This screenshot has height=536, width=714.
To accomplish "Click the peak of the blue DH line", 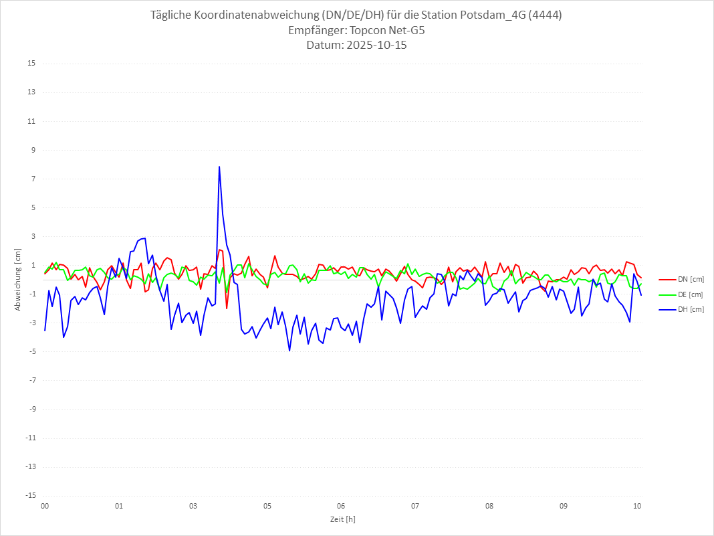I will coord(219,167).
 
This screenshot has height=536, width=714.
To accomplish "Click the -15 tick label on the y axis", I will coord(31,495).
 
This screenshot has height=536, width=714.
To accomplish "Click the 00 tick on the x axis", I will coord(45,506).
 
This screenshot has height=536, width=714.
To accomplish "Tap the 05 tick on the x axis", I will coord(267,506).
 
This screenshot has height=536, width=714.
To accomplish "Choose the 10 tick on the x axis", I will coord(638,506).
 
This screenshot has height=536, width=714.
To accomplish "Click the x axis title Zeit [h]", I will coord(342,519).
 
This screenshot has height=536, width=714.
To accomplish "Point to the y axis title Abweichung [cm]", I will coord(18,279).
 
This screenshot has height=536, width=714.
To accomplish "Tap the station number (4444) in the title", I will coord(544,15).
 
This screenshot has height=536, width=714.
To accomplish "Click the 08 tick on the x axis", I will coord(489,506).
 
